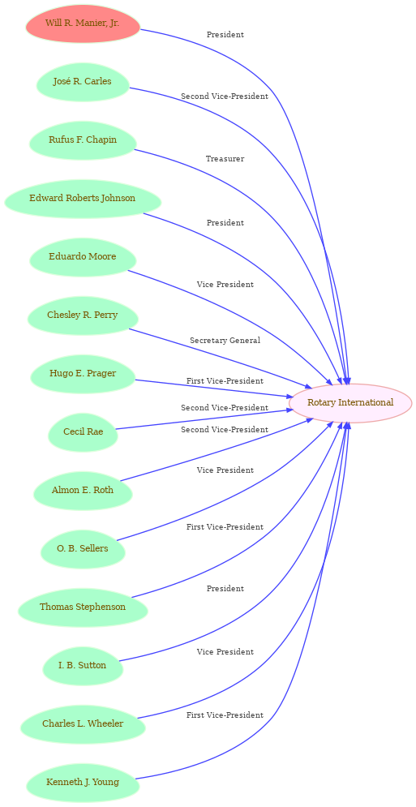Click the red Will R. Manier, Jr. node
coord(83,24)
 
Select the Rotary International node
coord(350,403)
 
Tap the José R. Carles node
coord(83,82)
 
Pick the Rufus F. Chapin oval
coord(83,140)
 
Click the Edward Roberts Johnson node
coord(83,199)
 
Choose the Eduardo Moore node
coord(83,257)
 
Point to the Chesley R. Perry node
coord(83,316)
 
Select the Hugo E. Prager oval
coord(83,374)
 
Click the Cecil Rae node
coord(83,431)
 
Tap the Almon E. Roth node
coord(83,491)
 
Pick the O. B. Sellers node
coord(83,548)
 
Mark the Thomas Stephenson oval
coord(83,607)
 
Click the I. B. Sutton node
coord(83,665)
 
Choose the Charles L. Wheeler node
coord(83,723)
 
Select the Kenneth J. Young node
coord(83,783)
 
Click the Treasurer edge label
coord(225,159)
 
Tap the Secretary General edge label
coord(225,341)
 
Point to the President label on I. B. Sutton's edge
coord(225,589)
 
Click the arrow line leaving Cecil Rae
coord(202,420)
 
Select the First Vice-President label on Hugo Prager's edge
coord(225,381)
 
